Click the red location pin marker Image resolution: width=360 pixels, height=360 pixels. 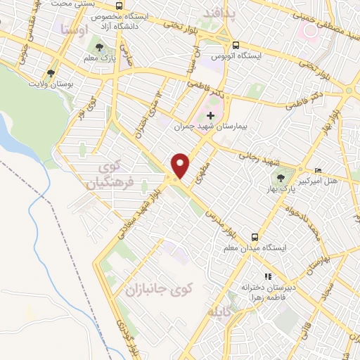tap(181, 165)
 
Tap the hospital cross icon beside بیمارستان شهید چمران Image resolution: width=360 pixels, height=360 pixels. tap(210, 115)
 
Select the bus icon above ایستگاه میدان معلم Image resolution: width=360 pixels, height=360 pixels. tap(255, 237)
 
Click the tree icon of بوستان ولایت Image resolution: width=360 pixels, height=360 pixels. tap(51, 72)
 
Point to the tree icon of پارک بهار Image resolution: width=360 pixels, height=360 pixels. tap(282, 179)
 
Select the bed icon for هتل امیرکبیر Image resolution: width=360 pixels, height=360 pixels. tap(318, 170)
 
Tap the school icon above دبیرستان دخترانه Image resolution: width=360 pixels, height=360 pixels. tap(267, 278)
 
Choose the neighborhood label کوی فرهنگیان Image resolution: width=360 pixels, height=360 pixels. tap(109, 176)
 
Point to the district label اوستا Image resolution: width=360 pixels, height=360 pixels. tap(73, 30)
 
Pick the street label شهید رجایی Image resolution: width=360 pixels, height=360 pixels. tap(250, 155)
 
